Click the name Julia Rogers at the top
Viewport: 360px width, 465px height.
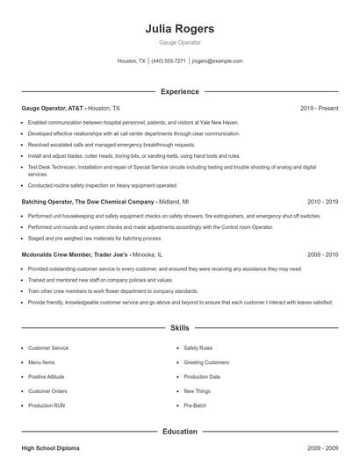[179, 28]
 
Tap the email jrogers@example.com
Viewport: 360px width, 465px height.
[216, 61]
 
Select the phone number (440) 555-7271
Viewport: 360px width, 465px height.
[169, 61]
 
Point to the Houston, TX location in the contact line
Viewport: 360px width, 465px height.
[132, 61]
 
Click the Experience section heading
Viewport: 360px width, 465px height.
[179, 91]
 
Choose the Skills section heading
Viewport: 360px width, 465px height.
[179, 328]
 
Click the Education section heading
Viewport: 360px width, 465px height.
[179, 432]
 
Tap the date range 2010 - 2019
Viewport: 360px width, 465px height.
[322, 201]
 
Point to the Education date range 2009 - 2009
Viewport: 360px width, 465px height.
[322, 448]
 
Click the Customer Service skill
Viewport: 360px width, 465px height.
[48, 347]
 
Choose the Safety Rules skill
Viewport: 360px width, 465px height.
[199, 347]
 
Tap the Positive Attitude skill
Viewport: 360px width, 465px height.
[47, 376]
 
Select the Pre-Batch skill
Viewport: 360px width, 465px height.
[196, 405]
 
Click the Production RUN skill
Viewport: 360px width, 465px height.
[47, 405]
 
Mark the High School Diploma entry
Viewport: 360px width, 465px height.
[50, 448]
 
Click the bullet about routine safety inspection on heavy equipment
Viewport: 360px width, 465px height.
[103, 185]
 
